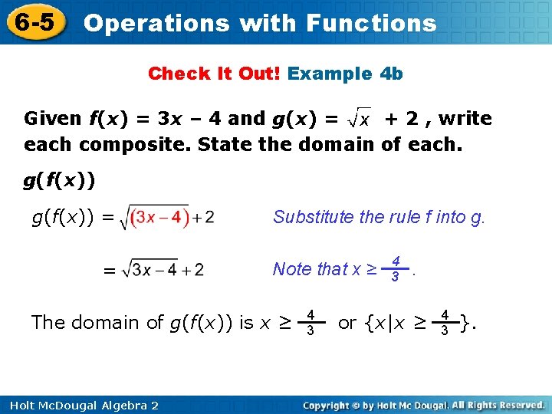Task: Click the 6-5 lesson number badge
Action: point(35,22)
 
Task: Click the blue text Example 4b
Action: point(345,74)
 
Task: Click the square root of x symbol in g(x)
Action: point(360,118)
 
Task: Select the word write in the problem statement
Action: point(465,118)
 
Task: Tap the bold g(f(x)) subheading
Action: point(59,181)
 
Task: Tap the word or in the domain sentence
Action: point(347,323)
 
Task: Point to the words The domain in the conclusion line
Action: point(77,323)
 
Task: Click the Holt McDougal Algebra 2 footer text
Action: point(80,405)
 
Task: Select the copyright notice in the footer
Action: point(423,405)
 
